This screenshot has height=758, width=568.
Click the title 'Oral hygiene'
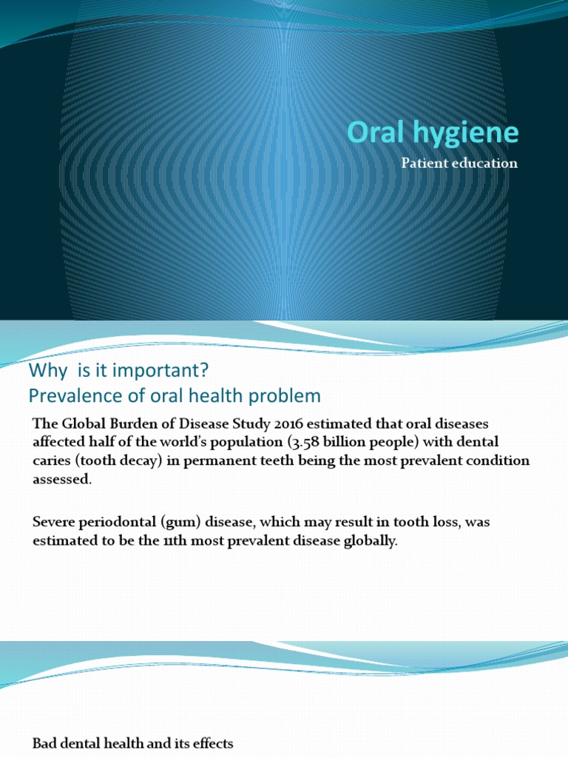click(x=433, y=133)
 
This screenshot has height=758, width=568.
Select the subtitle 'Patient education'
click(x=459, y=164)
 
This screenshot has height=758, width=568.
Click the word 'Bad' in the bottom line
click(x=44, y=743)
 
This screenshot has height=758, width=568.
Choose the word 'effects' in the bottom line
click(x=212, y=743)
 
